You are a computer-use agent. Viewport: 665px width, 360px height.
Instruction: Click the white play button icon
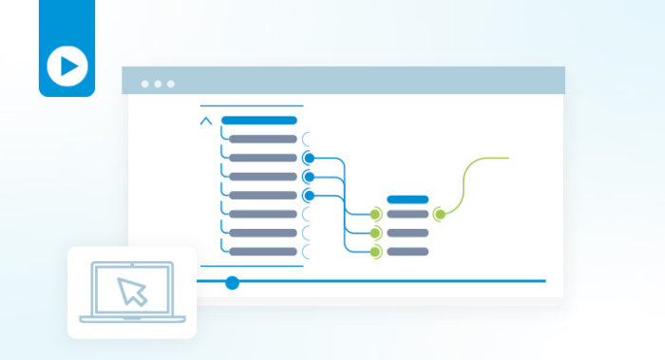coord(67,66)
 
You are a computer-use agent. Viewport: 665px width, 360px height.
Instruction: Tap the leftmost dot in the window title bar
coord(145,84)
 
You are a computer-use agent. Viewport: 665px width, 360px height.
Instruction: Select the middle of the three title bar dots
coord(158,84)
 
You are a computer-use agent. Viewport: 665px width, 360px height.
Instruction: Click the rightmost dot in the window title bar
coord(171,84)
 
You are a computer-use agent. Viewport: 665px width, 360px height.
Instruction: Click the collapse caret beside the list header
coord(206,121)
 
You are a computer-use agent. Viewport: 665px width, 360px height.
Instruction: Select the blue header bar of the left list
coord(258,121)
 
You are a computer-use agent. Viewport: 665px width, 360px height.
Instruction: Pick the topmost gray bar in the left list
coord(263,139)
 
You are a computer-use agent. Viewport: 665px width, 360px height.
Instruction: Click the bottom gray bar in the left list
coord(263,252)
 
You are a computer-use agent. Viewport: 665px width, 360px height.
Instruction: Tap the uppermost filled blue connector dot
coord(308,158)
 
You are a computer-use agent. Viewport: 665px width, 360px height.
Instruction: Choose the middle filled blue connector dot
coord(308,177)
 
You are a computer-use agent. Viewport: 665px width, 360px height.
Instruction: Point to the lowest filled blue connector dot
coord(308,196)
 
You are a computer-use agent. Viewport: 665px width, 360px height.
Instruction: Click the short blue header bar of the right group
coord(408,199)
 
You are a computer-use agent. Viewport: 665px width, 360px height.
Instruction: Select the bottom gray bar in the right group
coord(408,252)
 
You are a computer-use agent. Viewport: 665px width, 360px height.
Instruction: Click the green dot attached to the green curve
coord(439,215)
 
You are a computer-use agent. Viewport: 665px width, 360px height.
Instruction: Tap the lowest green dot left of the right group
coord(375,252)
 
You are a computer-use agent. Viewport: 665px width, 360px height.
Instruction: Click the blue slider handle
coord(232,282)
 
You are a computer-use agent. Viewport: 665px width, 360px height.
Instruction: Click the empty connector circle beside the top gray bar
coord(306,139)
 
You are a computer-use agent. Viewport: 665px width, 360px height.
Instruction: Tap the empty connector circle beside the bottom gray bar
coord(306,252)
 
